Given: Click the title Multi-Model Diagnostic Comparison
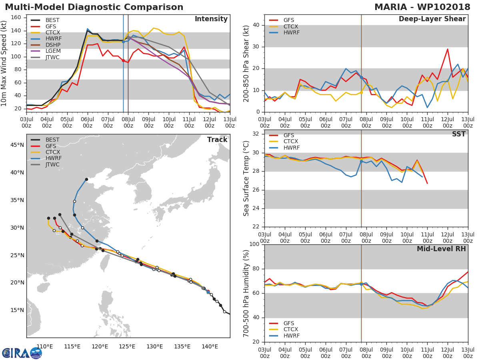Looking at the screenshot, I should pos(94,7).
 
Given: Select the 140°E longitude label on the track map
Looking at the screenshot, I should pos(210,346).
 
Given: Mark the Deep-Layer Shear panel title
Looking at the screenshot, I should pos(432,19).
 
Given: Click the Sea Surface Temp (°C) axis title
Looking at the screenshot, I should pos(246,178).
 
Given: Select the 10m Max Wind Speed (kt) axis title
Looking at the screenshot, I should pos(4,64).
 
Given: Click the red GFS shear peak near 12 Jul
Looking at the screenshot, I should pos(448,49).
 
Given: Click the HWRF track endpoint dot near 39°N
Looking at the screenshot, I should pos(86,179).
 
